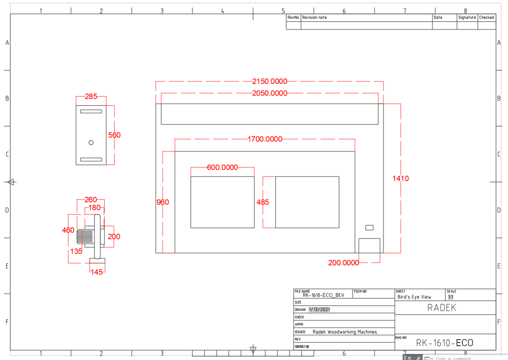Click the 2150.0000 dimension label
coord(270,81)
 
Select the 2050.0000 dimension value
coord(270,93)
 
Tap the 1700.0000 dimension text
coord(265,139)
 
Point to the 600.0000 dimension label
coord(223,167)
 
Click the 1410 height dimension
coord(400,178)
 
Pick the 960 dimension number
coord(163,202)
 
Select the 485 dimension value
coord(263,202)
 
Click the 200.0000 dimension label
coord(343,263)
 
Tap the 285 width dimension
coord(91,96)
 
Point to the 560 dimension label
coord(114,135)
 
